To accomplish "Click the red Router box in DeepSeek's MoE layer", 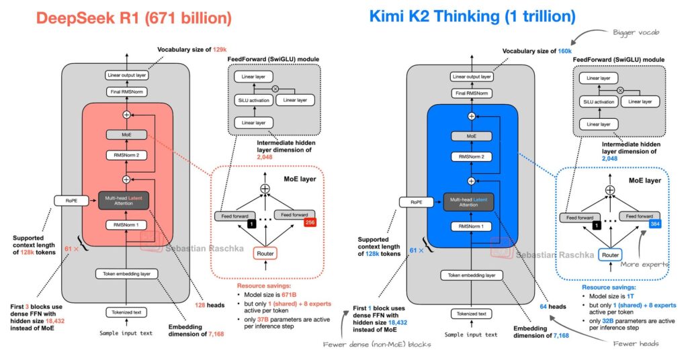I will click(265, 253).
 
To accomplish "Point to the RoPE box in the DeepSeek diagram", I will click(68, 200).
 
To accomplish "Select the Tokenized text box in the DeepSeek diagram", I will click(127, 312).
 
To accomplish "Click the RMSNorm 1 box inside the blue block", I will click(472, 226).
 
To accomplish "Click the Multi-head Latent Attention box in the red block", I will click(126, 200).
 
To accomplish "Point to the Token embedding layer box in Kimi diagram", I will click(472, 275).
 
